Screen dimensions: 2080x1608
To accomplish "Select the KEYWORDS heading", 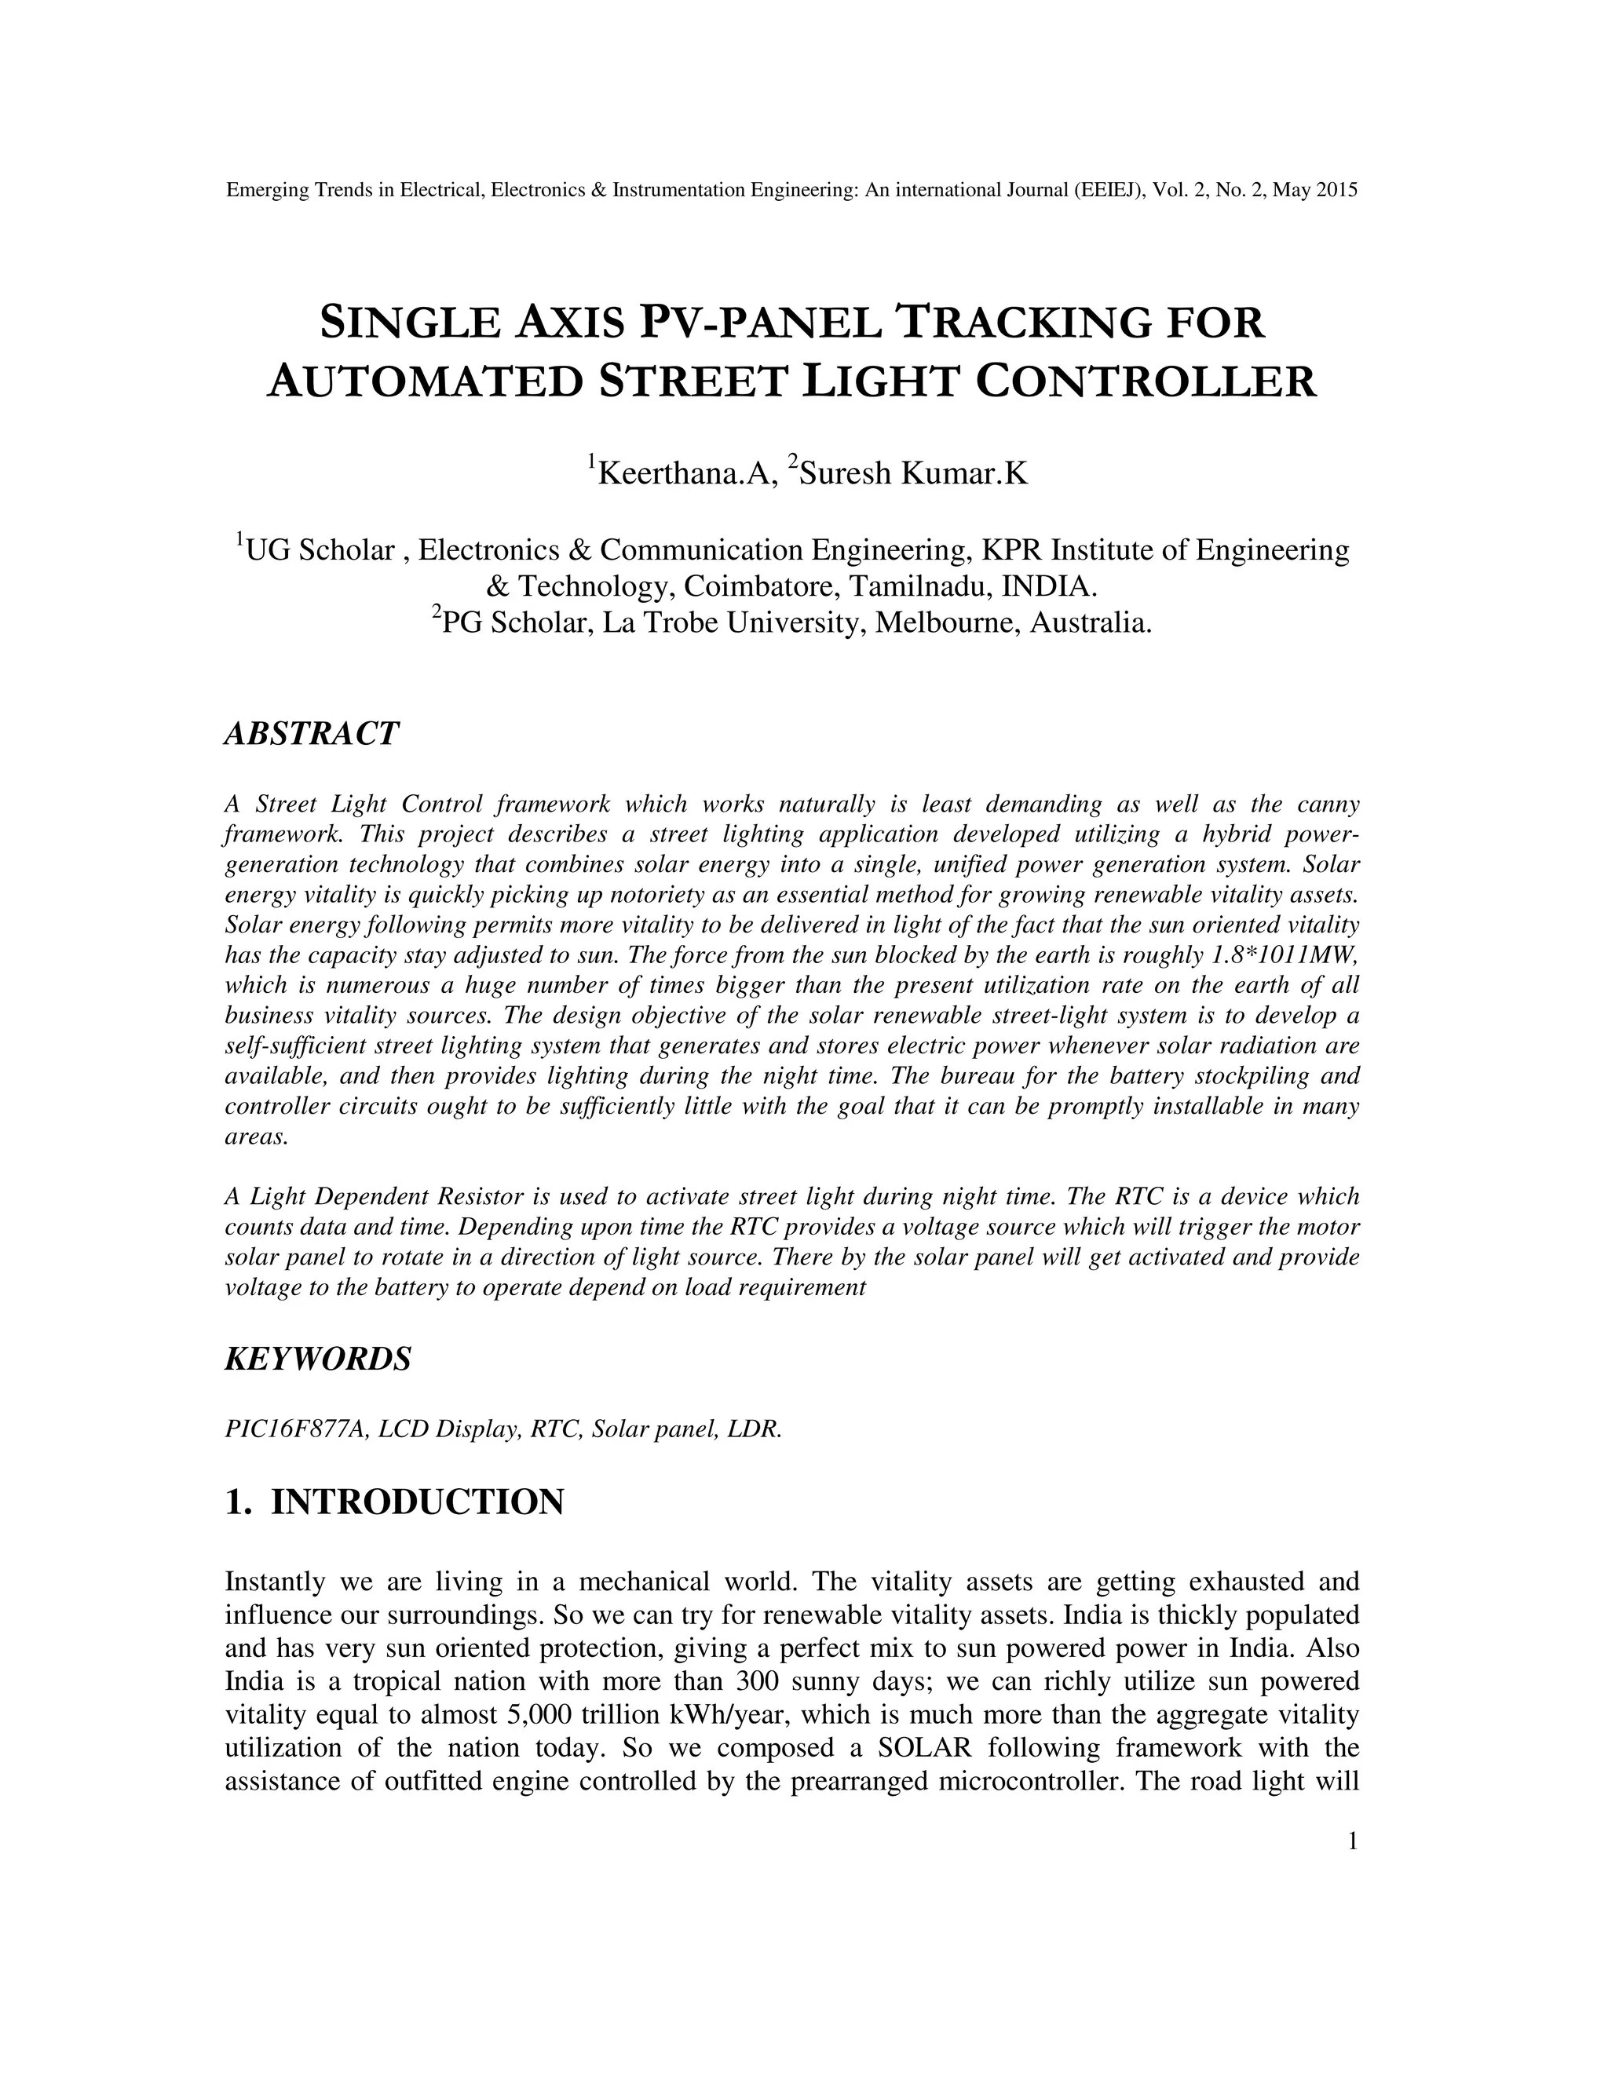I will [x=318, y=1359].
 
